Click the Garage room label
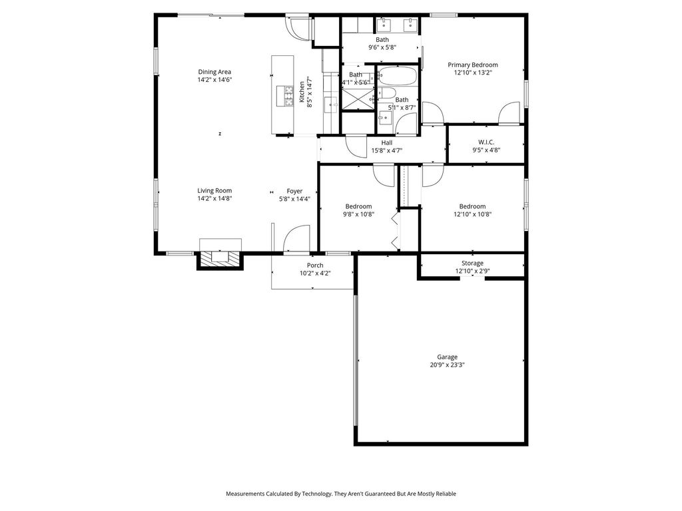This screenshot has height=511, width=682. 447,357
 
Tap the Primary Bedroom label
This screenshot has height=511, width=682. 473,65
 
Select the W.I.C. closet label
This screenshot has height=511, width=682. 486,142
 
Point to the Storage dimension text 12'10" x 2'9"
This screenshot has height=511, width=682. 472,271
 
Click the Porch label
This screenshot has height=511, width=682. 315,265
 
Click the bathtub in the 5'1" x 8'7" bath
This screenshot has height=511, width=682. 397,76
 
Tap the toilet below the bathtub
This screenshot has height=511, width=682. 386,92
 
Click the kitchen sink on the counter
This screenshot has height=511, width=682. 332,105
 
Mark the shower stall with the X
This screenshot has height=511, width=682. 358,100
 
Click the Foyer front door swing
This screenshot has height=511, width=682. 296,238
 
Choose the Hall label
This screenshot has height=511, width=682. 387,142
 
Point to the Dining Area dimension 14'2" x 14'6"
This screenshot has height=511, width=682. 214,80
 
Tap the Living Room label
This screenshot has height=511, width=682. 214,190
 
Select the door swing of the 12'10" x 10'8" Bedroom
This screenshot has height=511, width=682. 433,176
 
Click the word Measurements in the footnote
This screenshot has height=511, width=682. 245,494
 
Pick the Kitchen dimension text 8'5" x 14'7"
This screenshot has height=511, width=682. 310,92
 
